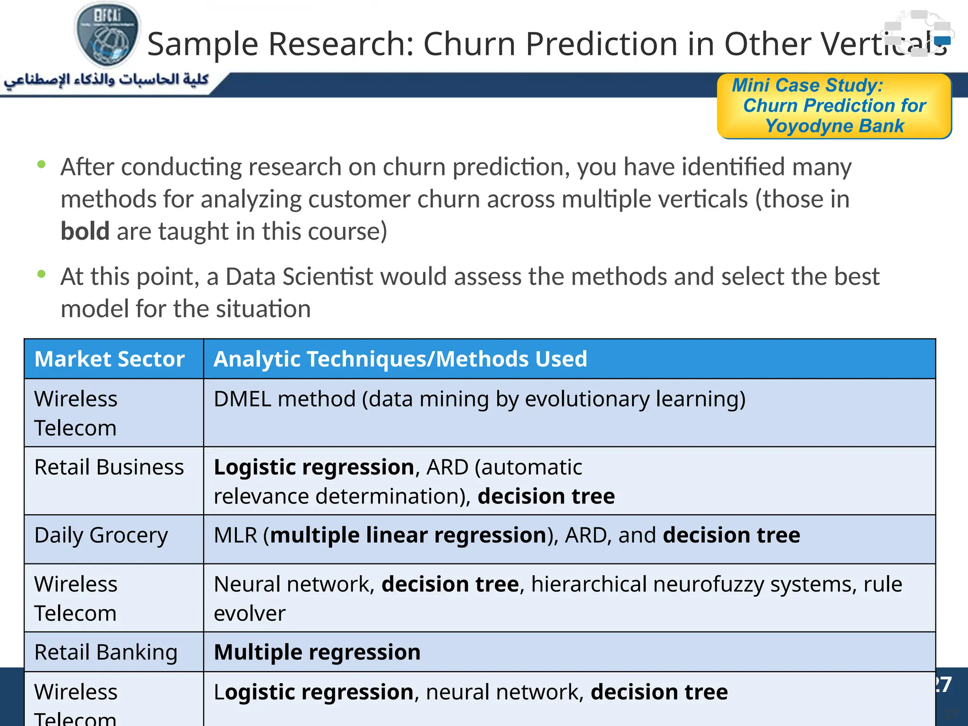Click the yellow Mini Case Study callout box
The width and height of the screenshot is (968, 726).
point(834,106)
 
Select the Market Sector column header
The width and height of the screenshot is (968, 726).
point(110,359)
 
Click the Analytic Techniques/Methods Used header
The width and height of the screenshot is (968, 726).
point(400,359)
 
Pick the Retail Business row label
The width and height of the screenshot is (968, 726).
point(109,467)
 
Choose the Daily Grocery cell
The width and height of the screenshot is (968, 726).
point(101,536)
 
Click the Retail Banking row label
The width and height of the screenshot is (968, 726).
point(106,653)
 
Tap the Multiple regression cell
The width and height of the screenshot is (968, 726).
point(317,653)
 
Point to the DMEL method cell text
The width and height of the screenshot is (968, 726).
point(479,399)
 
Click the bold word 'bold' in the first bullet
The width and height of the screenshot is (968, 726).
point(85,232)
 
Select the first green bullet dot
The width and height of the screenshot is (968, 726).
point(42,164)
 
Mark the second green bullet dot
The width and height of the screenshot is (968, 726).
point(42,274)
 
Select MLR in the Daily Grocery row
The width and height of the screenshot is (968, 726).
point(235,536)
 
